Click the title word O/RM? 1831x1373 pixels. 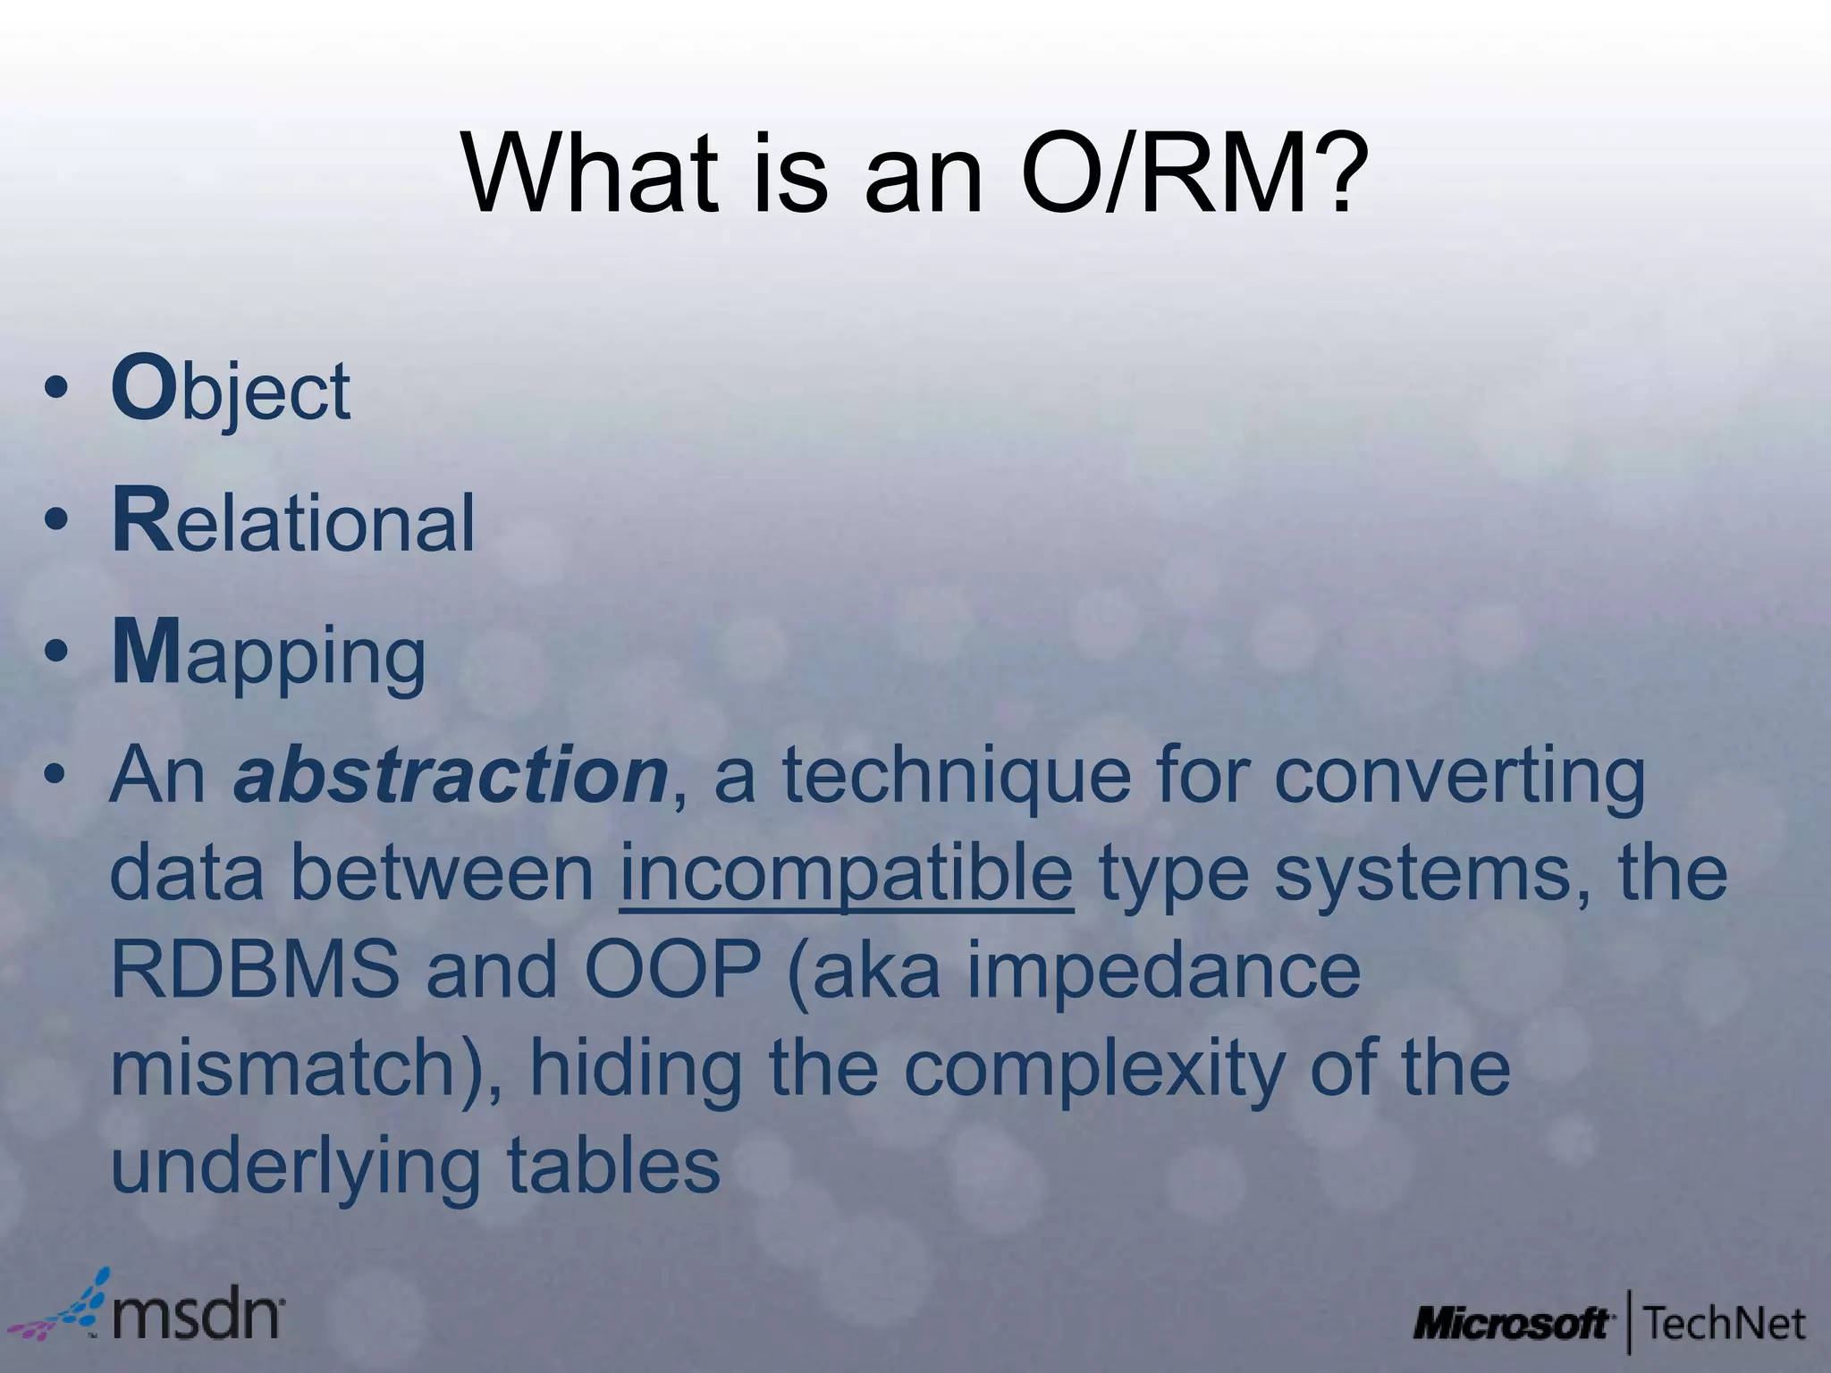1194,174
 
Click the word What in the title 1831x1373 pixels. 591,174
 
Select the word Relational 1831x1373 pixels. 294,522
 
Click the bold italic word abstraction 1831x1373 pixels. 450,776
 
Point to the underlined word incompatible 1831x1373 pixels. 846,873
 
